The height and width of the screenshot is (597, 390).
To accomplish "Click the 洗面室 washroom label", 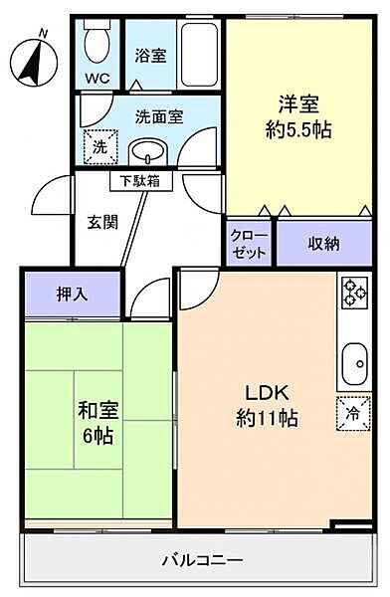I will [x=159, y=116].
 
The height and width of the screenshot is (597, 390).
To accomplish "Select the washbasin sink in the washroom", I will [x=150, y=152].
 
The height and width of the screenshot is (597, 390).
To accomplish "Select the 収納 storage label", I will [x=322, y=244].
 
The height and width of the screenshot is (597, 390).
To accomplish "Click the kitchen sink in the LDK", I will [x=355, y=363].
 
